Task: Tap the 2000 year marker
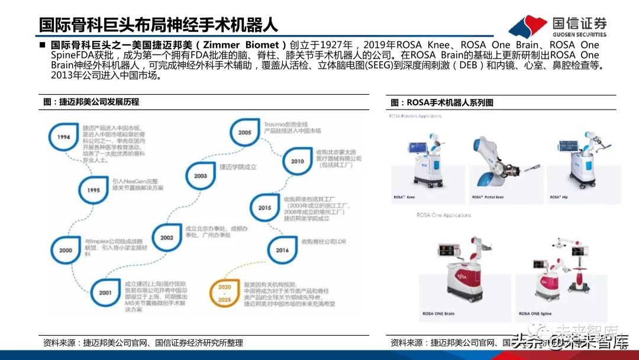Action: point(66,250)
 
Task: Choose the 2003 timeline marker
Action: point(200,175)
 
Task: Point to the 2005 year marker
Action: point(245,133)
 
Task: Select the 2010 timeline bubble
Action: point(298,160)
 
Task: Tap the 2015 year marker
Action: point(264,207)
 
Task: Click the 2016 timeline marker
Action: point(282,249)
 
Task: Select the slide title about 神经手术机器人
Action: point(158,25)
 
